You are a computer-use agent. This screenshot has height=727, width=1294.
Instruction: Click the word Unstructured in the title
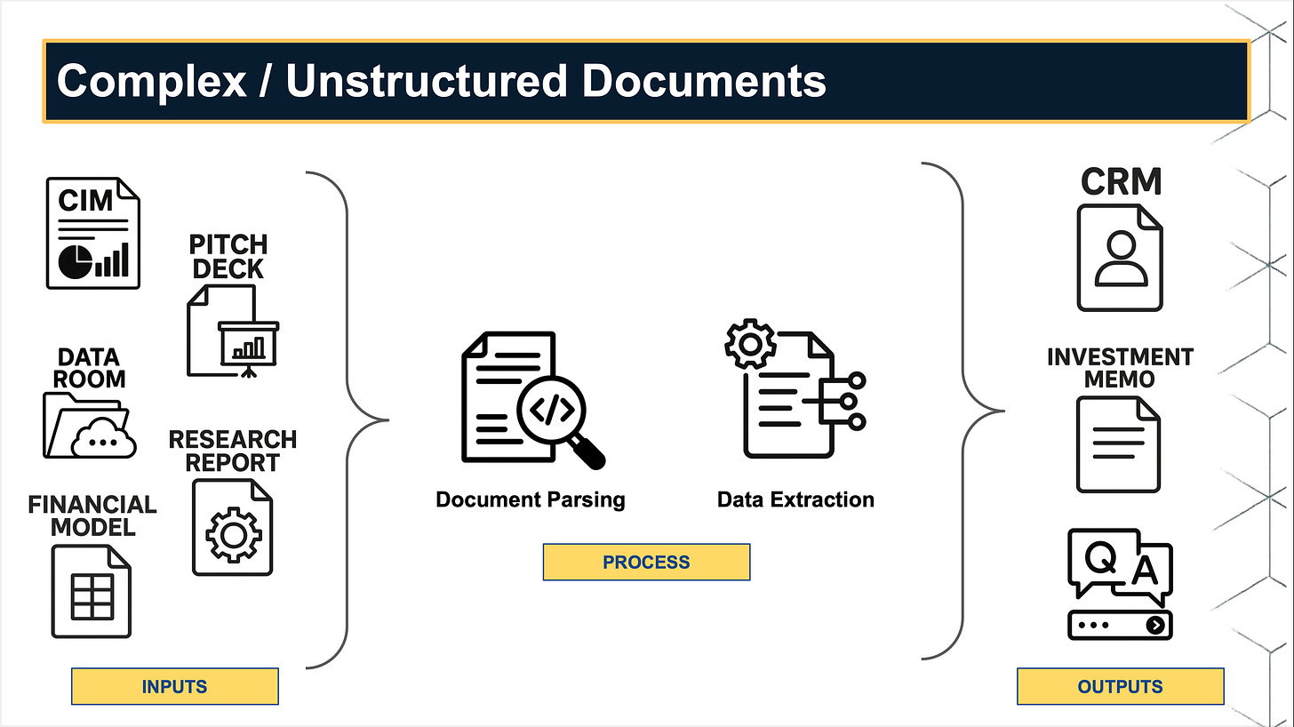(x=426, y=81)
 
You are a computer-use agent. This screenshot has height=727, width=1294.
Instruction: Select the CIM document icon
(x=92, y=233)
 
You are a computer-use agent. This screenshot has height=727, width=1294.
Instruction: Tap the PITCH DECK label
(x=228, y=257)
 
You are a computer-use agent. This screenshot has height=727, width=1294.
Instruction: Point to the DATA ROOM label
(x=89, y=368)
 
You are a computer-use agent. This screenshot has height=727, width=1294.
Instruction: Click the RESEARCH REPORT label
(x=233, y=451)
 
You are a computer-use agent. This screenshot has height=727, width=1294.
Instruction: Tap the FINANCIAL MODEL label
(x=92, y=515)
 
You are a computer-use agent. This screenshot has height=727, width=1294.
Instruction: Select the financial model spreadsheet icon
(x=92, y=591)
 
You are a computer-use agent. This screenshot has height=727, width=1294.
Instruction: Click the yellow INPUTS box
(x=174, y=686)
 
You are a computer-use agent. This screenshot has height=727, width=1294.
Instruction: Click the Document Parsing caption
(x=531, y=499)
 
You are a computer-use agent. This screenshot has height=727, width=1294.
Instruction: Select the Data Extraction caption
(x=795, y=499)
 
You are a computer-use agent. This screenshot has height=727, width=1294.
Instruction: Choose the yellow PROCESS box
(x=646, y=562)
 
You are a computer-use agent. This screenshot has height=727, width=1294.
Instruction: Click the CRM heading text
(x=1121, y=181)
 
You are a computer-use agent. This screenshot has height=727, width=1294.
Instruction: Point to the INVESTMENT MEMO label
(x=1120, y=368)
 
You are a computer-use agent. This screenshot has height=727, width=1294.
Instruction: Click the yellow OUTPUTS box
(x=1120, y=686)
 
